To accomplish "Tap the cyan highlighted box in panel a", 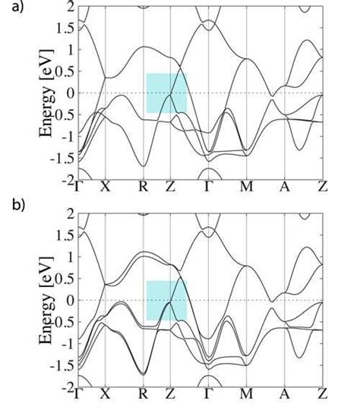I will [166, 93].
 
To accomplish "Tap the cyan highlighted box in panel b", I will [166, 300].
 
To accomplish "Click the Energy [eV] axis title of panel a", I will [48, 93].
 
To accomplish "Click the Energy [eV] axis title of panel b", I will [48, 300].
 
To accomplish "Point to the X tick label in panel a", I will [106, 186].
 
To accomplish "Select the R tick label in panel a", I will [144, 186].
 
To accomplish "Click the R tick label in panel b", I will [144, 393].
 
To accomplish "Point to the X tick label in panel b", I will [106, 393].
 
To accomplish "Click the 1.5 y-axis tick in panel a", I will [65, 28].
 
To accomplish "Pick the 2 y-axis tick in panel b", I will [70, 213].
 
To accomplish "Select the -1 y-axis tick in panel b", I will [68, 343].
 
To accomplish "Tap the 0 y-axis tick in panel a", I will [70, 93].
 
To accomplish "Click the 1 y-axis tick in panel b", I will [70, 257].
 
